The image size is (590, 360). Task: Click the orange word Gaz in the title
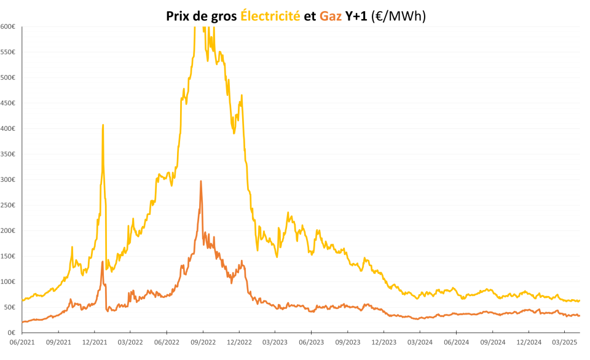[x=331, y=16]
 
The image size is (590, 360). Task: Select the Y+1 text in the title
[x=356, y=16]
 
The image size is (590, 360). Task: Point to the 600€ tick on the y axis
[x=8, y=26]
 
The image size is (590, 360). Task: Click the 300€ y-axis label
[x=8, y=179]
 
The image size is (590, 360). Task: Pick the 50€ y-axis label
[x=10, y=307]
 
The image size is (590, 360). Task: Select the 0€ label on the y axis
[x=12, y=332]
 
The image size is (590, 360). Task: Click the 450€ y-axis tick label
[x=8, y=103]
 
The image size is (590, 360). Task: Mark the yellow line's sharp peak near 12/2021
[x=103, y=125]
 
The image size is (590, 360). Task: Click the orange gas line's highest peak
[x=201, y=181]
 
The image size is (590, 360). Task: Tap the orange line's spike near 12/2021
[x=103, y=262]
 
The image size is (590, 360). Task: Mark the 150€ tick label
[x=8, y=256]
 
